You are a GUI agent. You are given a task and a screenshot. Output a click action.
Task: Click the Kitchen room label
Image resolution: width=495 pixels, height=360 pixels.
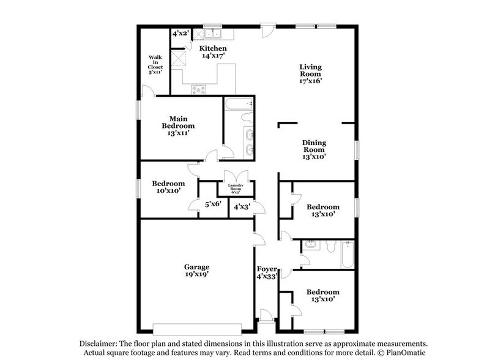click(214, 48)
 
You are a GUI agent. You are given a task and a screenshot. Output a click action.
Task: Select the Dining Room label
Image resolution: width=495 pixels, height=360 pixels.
click(313, 146)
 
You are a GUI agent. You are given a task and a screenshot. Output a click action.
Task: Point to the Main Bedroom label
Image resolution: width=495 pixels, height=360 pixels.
click(178, 121)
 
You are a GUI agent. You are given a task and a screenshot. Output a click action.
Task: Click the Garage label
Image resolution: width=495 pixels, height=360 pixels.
click(197, 267)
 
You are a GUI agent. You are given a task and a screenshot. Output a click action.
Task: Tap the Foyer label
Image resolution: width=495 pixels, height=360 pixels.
click(267, 269)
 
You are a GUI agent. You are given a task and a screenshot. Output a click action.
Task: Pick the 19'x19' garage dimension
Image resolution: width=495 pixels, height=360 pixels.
click(197, 276)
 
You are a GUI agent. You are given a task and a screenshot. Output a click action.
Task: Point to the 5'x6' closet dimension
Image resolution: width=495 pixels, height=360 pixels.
click(212, 204)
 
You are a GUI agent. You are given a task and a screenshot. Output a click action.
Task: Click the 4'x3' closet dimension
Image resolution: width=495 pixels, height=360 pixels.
click(241, 208)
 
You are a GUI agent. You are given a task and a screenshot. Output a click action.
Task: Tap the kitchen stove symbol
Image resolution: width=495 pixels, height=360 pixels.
click(200, 89)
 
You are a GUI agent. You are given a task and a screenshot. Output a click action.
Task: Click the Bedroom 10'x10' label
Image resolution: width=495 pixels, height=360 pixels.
click(168, 187)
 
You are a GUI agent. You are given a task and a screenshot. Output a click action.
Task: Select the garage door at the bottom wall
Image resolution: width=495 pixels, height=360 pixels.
click(197, 326)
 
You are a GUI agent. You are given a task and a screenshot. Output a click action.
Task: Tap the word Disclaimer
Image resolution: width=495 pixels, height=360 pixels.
click(99, 344)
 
